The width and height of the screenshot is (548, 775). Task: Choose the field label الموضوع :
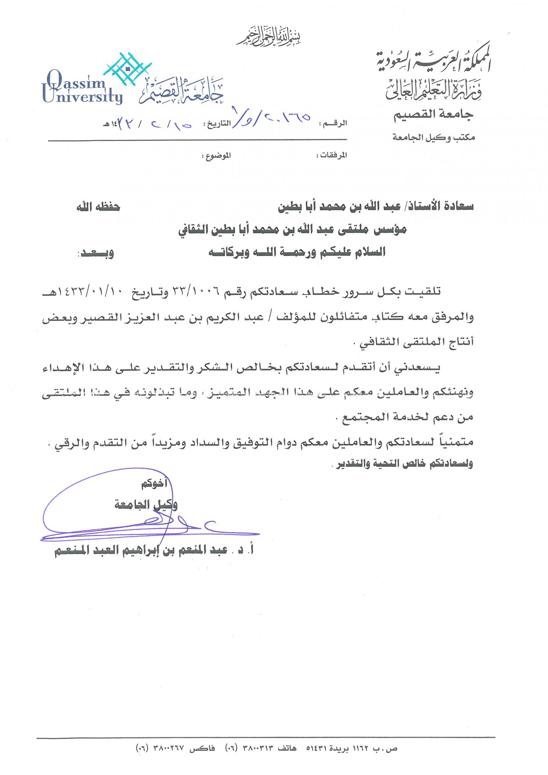[x=216, y=156]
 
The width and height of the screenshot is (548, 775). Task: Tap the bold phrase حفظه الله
[x=98, y=207]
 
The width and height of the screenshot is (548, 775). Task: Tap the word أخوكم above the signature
[x=154, y=484]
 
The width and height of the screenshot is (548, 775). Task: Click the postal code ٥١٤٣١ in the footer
[x=316, y=748]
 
